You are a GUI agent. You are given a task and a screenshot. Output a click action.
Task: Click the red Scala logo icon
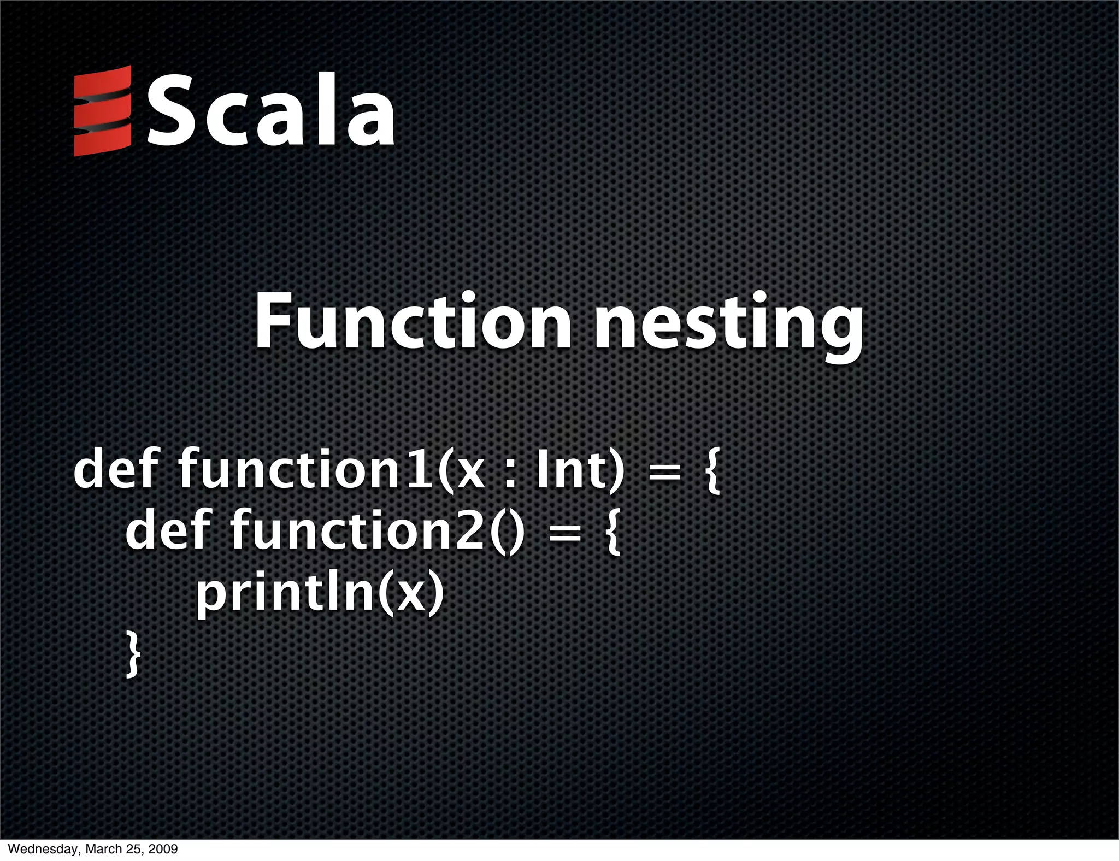[x=103, y=110]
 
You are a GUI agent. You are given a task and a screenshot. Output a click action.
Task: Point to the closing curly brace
[x=133, y=654]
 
